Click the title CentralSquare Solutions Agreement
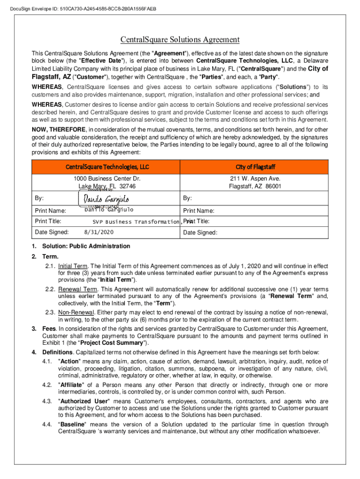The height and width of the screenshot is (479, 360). point(180,40)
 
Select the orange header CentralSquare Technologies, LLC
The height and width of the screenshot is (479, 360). point(107,167)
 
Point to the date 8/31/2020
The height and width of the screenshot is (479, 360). point(99,232)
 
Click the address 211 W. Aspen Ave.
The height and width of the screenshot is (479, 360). point(255,179)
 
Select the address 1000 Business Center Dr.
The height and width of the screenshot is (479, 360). point(107,179)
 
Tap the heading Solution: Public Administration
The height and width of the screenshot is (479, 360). point(86,246)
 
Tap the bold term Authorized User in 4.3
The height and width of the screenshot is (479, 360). point(84,401)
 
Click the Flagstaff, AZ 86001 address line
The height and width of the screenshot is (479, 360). point(255,186)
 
